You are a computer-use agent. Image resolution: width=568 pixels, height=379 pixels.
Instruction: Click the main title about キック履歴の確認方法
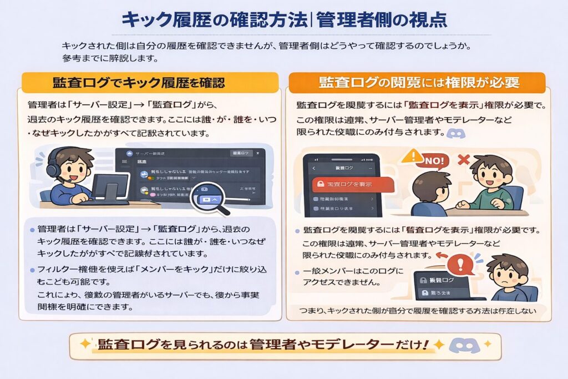tap(283, 19)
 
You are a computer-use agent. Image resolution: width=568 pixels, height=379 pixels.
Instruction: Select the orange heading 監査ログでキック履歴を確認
tap(139, 83)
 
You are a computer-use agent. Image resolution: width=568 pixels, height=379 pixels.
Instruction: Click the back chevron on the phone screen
tap(314, 167)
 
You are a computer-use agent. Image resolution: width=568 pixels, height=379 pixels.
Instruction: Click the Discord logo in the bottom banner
tap(463, 345)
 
